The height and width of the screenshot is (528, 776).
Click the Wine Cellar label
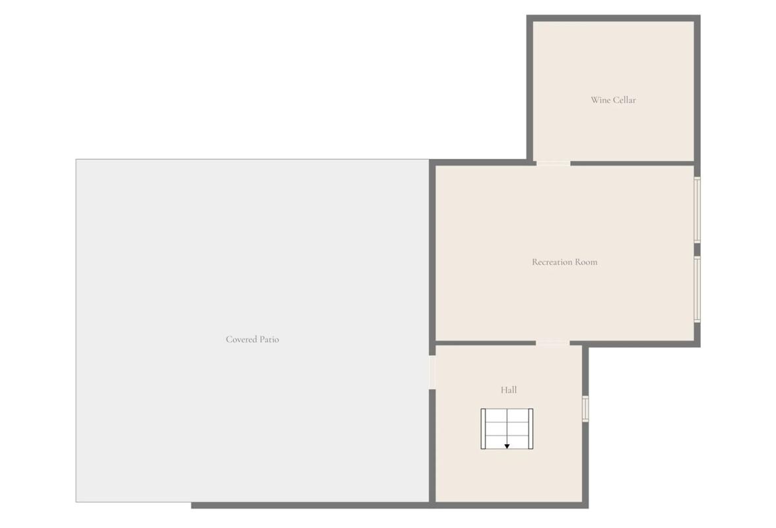613,100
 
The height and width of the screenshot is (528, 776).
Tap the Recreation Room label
565,262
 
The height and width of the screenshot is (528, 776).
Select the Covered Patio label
252,339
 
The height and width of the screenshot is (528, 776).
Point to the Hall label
509,390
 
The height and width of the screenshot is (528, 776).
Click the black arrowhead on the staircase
507,446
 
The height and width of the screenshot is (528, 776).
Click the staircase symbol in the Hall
507,428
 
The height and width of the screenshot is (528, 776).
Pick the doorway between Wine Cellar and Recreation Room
553,163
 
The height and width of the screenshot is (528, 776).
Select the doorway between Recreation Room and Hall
552,343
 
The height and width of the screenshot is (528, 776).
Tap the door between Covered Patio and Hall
432,372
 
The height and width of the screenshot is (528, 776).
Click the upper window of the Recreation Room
697,210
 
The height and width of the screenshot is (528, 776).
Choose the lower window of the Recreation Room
697,289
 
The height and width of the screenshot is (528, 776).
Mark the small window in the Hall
585,409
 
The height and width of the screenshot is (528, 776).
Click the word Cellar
624,100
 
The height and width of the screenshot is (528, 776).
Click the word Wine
600,100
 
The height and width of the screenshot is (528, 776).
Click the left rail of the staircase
483,428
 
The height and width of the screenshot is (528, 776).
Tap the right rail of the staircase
531,428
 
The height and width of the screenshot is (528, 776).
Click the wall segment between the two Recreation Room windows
697,249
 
